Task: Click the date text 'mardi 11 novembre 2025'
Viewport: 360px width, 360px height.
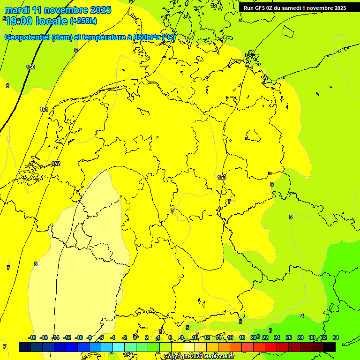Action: click(58, 10)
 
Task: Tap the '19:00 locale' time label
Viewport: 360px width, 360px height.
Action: click(37, 21)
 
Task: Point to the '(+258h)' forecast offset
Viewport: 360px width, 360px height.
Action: click(83, 21)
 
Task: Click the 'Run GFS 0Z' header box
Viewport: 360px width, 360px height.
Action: click(295, 7)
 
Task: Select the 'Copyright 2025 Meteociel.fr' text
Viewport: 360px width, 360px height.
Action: click(199, 357)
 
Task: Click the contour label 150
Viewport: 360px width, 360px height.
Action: click(30, 67)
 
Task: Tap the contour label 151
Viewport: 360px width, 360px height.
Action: click(44, 109)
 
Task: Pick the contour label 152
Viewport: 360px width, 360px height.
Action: click(56, 164)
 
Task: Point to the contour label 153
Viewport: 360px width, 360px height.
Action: click(222, 177)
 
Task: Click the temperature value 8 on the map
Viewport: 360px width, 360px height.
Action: click(35, 264)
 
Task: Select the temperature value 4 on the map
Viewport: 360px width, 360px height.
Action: click(302, 316)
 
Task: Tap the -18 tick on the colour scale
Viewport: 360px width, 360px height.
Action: click(32, 337)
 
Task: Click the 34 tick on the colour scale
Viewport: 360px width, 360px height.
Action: click(336, 337)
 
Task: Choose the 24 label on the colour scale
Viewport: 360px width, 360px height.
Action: click(277, 337)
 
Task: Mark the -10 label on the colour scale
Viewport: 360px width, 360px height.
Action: click(79, 337)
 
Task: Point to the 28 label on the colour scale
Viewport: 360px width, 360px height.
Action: click(300, 337)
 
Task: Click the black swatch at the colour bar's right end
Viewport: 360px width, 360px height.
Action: click(330, 347)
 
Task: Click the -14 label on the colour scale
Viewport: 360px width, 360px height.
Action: click(55, 337)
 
